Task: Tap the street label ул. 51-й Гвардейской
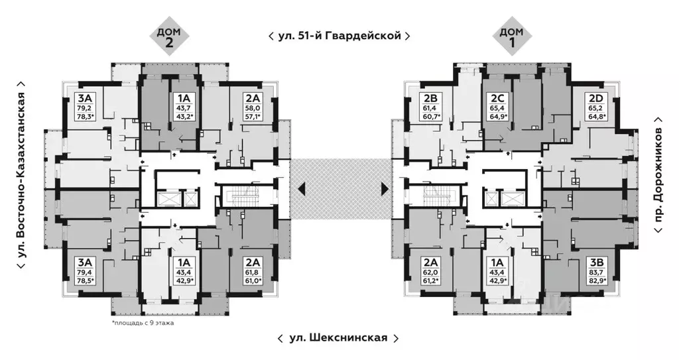point(339,36)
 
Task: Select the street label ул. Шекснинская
point(338,338)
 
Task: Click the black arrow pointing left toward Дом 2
point(302,190)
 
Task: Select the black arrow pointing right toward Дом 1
point(385,190)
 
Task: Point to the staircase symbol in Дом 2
point(243,196)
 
